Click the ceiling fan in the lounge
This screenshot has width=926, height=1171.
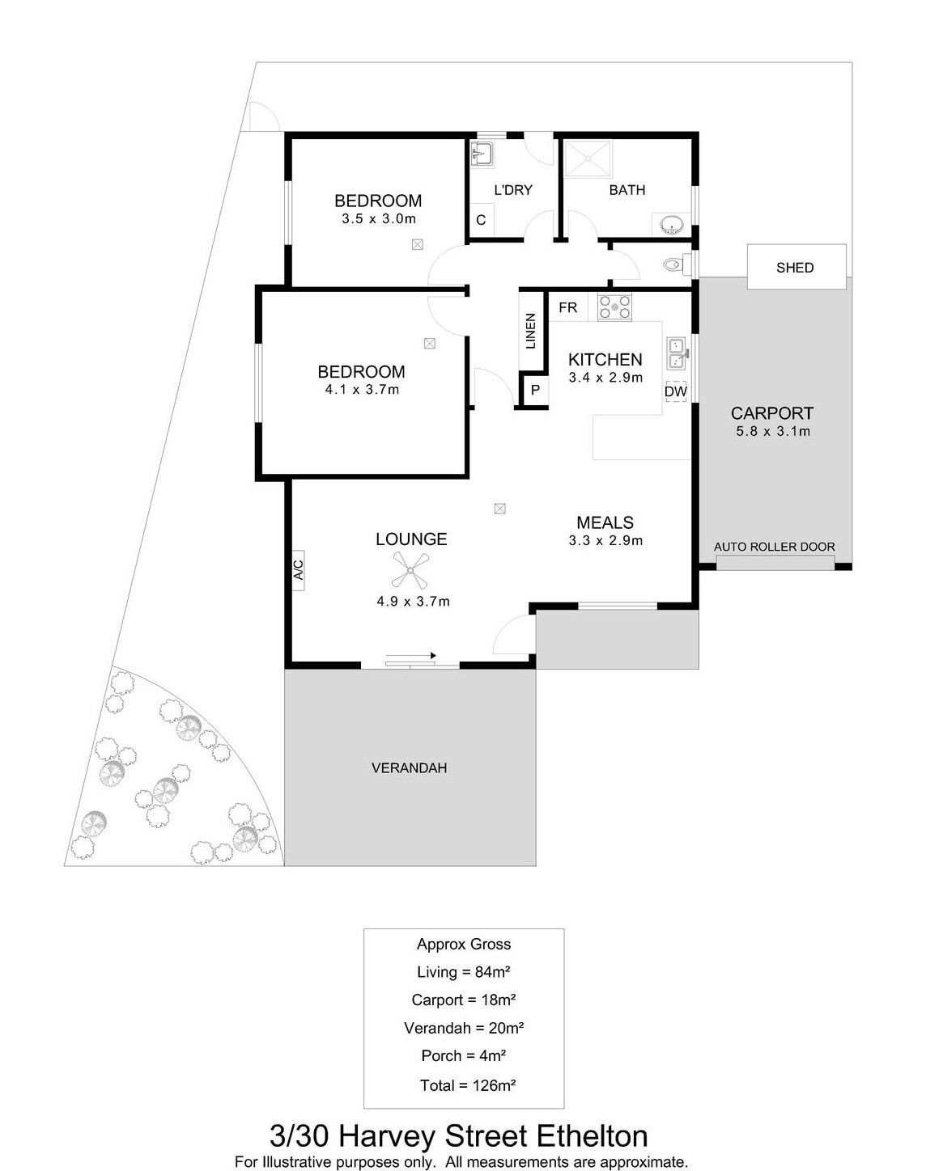point(410,569)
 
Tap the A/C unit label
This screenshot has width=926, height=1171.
point(298,569)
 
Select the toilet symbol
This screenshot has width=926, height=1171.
point(678,265)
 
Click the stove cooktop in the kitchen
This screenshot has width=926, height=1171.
point(614,306)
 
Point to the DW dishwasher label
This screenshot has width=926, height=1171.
point(675,391)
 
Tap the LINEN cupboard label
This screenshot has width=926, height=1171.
point(530,331)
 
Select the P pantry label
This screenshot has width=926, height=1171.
point(535,390)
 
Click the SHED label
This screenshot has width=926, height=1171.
point(795,268)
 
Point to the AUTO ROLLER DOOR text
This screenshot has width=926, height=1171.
point(774,547)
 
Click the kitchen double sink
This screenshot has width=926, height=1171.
point(675,353)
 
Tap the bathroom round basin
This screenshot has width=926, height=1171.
point(672,224)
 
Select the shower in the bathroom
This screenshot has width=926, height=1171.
point(588,159)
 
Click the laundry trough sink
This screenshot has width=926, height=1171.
point(482,152)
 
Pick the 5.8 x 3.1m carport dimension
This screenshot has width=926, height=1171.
point(773,432)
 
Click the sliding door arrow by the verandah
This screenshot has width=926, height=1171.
point(410,656)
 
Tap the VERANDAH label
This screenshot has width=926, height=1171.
point(409,767)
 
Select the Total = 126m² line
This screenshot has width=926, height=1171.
point(467,1085)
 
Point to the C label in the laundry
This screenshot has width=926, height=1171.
point(481,220)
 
